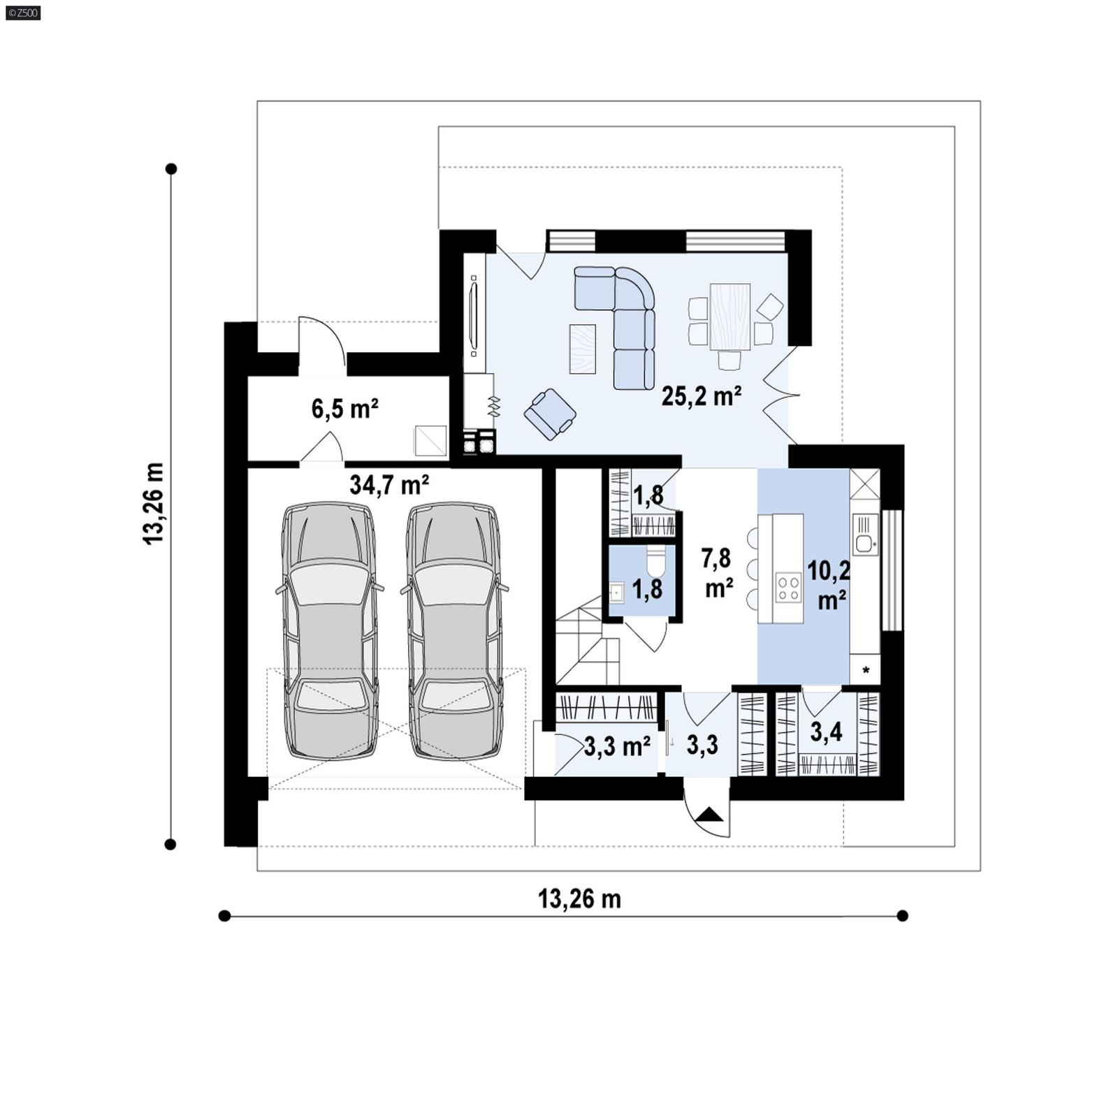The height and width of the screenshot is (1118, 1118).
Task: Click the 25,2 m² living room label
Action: [x=701, y=396]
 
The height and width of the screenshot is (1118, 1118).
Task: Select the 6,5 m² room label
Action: [x=344, y=408]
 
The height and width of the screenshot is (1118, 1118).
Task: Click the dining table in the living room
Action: [x=729, y=316]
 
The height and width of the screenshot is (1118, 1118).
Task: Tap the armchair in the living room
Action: [x=550, y=414]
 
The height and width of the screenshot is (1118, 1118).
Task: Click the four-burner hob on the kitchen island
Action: [x=788, y=586]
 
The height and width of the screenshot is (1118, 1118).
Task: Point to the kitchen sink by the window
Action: [x=864, y=535]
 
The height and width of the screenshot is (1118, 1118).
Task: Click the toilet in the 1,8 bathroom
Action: [x=656, y=560]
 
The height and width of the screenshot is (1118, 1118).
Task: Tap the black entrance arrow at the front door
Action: [x=711, y=814]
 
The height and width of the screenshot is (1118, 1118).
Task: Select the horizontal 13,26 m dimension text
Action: [x=579, y=899]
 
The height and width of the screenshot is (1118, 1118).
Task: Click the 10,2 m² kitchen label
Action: [x=829, y=584]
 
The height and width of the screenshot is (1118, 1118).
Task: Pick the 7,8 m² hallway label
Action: [x=717, y=572]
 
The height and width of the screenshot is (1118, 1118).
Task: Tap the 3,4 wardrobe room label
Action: [x=826, y=732]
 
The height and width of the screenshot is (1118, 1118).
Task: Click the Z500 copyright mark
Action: [x=22, y=12]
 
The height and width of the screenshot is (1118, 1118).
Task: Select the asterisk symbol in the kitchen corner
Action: [x=866, y=671]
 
